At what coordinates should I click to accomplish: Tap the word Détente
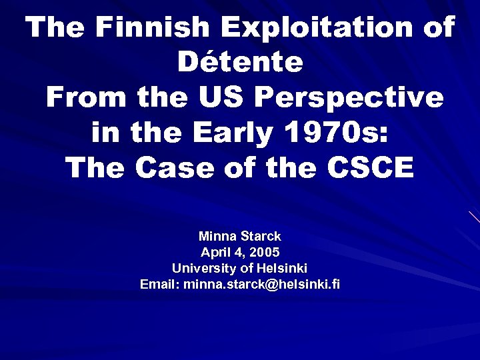point(240,63)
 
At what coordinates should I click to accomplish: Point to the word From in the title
point(85,98)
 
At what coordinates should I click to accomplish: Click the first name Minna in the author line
point(215,237)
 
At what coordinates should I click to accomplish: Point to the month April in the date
point(216,253)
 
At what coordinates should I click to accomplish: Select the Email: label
point(159,285)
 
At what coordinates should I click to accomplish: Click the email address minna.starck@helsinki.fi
point(261,285)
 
